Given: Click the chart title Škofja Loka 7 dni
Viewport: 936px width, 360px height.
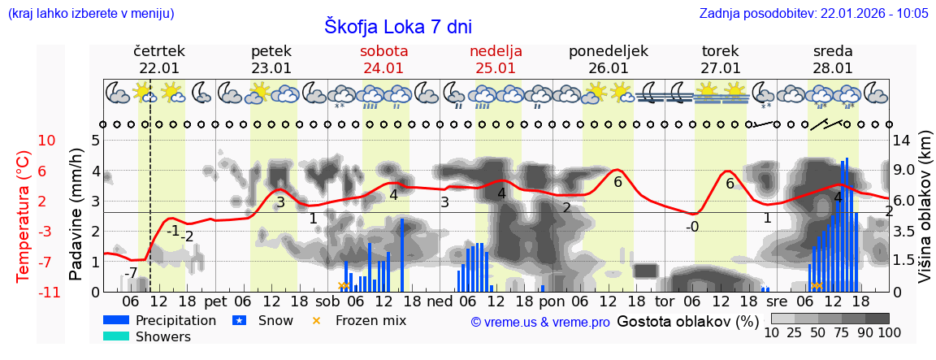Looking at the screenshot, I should [x=398, y=26].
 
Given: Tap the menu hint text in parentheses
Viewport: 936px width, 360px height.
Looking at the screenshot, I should [x=90, y=13].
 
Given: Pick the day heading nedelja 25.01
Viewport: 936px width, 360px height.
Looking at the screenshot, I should [x=496, y=59].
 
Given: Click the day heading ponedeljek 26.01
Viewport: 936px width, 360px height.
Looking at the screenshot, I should [x=609, y=59].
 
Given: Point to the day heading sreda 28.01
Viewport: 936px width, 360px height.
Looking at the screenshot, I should [x=833, y=59].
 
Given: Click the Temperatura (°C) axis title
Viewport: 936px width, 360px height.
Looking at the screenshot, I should [x=24, y=215].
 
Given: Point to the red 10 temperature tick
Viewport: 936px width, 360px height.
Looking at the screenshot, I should [x=47, y=141].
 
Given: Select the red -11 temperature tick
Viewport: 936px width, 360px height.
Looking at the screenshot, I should [x=47, y=292].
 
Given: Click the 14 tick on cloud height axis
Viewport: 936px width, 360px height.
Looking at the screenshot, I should [x=903, y=141].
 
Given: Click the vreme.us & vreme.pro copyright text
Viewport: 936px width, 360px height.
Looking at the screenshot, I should [x=540, y=322].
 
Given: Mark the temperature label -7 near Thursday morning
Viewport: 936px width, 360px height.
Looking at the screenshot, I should [x=131, y=272].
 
